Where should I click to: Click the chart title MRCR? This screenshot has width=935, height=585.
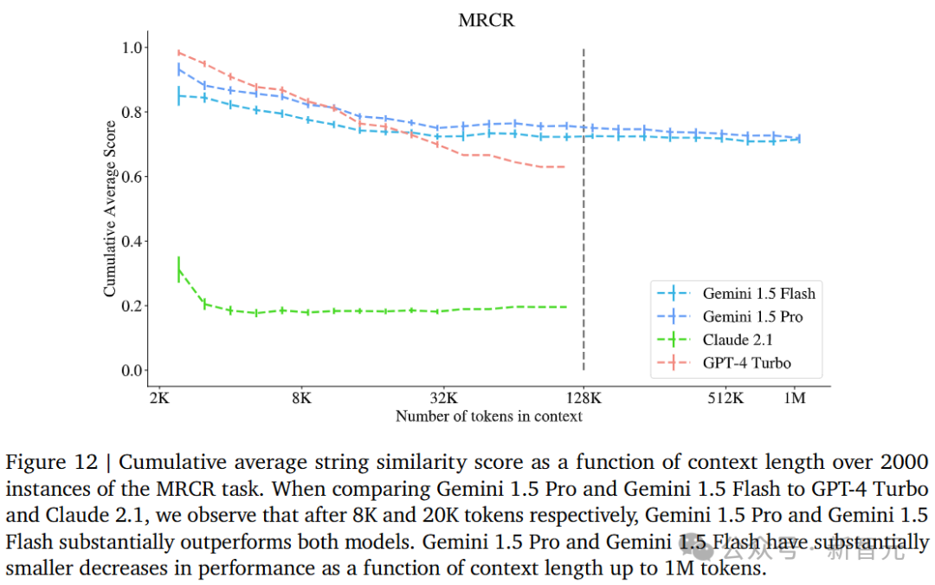click(486, 20)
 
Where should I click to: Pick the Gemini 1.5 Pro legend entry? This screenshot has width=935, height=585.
click(752, 316)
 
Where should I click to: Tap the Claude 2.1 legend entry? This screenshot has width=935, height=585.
click(738, 340)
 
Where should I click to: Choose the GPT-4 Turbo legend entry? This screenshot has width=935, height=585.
click(746, 363)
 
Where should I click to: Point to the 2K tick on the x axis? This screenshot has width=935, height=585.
click(159, 399)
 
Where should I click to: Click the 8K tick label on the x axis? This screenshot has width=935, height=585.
click(301, 399)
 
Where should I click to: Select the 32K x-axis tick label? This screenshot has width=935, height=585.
click(443, 399)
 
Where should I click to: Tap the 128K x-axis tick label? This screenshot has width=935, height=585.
click(584, 399)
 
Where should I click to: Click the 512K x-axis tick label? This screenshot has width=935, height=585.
click(725, 399)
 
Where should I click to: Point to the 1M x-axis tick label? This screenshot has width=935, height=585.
click(794, 399)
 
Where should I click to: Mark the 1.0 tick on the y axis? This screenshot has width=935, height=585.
click(134, 47)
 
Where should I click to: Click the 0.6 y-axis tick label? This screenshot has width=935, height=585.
click(134, 177)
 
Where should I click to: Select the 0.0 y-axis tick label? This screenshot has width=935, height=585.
click(134, 371)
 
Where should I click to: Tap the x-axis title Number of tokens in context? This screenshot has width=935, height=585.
click(488, 417)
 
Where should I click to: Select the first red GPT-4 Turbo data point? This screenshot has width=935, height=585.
click(178, 53)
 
